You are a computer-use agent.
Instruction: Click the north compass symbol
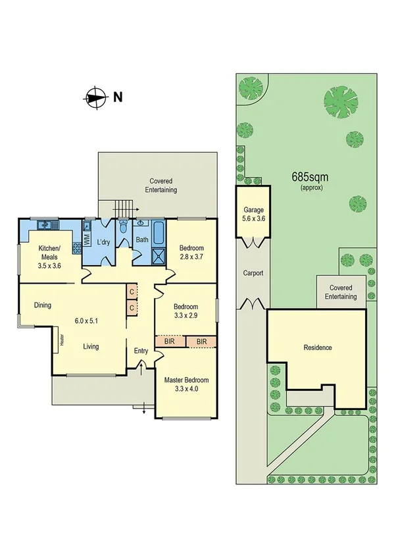(95, 98)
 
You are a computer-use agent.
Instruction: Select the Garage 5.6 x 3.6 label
(253, 215)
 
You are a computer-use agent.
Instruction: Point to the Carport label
(253, 272)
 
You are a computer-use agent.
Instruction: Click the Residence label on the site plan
(317, 347)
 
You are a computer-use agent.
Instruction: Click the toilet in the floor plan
(124, 231)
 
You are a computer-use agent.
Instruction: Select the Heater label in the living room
(62, 340)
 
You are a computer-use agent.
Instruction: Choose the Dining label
(43, 305)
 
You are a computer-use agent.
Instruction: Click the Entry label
(141, 351)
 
